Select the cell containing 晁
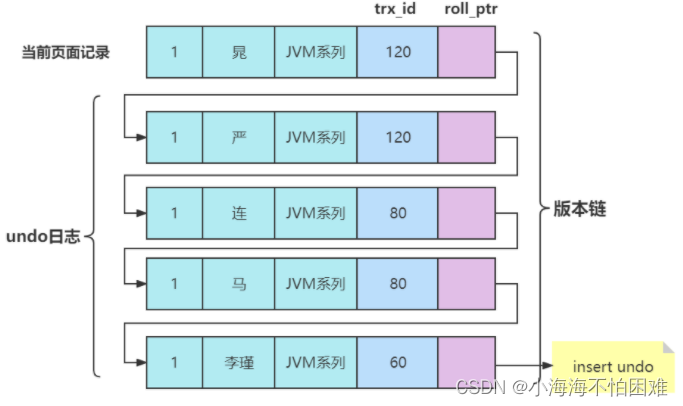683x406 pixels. point(238,52)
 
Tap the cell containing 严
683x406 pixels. point(238,137)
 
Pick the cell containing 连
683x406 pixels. point(238,212)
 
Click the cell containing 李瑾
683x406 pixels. point(238,362)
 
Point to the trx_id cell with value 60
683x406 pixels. point(397,362)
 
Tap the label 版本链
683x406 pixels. point(581,209)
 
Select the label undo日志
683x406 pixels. point(46,237)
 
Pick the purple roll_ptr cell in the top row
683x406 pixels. point(466,52)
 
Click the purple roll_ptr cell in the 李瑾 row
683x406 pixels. point(466,362)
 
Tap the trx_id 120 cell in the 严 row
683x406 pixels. point(397,137)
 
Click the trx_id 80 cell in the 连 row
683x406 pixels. point(397,212)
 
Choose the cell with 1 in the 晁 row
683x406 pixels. point(174,52)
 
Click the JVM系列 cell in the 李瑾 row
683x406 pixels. point(315,362)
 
